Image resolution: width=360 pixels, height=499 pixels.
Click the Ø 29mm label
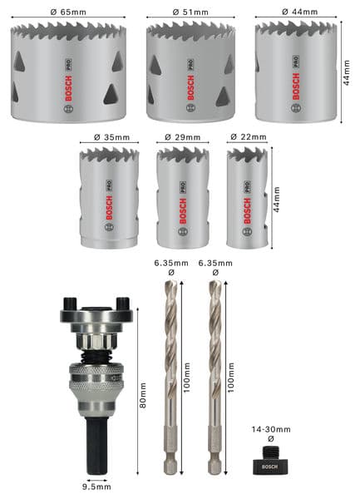(182, 137)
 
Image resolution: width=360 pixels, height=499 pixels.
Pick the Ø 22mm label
(248, 136)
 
